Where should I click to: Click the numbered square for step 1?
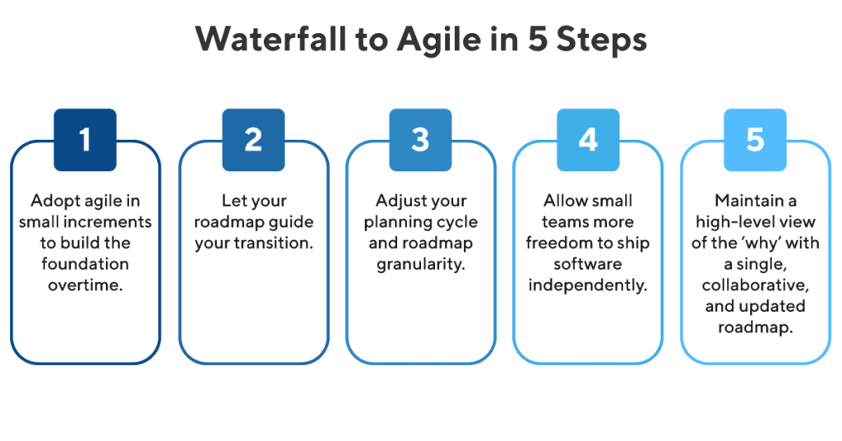85,140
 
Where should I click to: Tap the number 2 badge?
252,140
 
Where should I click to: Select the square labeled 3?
420,140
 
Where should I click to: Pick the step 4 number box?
588,140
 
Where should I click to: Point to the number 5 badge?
755,140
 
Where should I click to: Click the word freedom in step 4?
557,244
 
